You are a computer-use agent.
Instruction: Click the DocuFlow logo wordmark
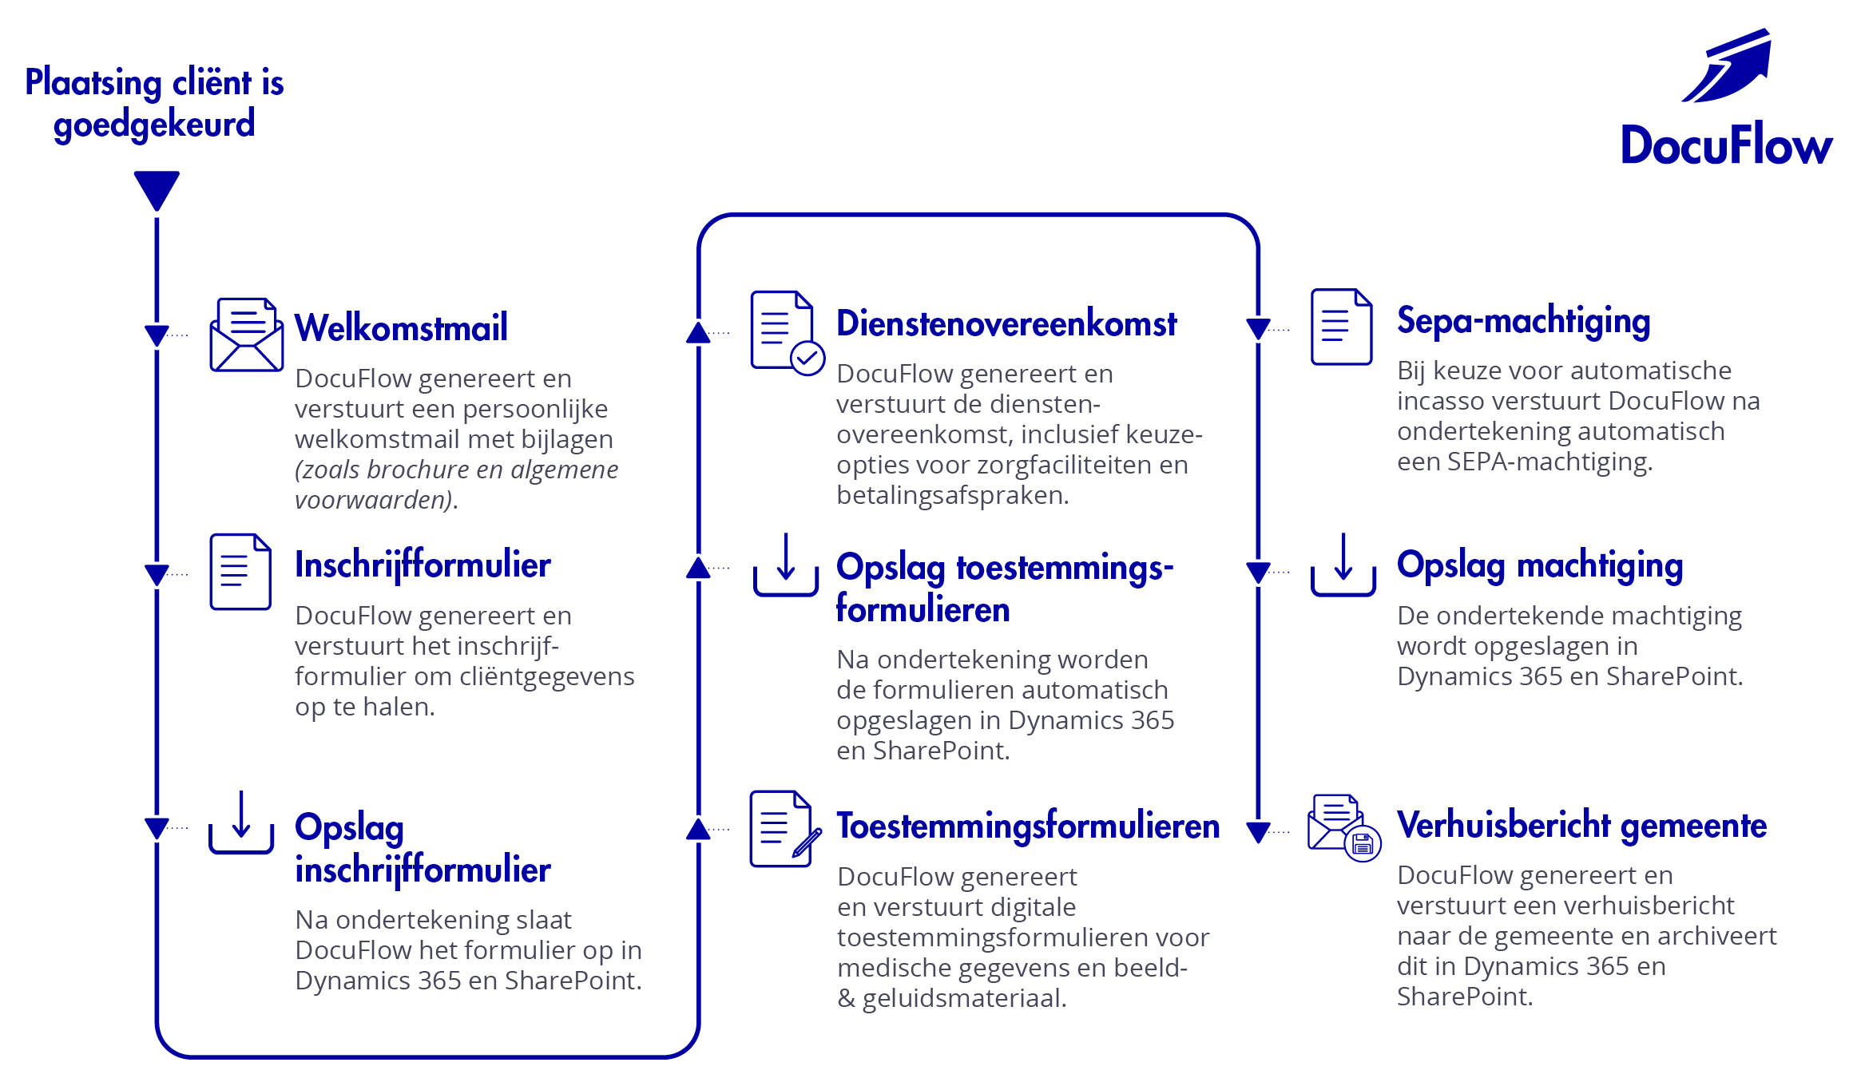point(1725,145)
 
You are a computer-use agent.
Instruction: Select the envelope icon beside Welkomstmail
point(246,335)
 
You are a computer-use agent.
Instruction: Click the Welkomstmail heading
point(401,327)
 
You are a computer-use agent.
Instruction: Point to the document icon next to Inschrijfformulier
point(240,572)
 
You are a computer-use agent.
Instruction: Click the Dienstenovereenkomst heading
point(1006,323)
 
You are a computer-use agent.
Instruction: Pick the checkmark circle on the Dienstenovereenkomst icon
point(807,359)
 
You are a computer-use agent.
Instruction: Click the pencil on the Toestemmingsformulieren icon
point(807,843)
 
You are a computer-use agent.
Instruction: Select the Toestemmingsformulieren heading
point(1028,826)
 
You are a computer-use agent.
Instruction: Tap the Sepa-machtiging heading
point(1523,321)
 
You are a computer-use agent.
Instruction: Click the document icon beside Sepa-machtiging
point(1342,327)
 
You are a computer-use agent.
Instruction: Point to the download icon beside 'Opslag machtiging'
point(1343,565)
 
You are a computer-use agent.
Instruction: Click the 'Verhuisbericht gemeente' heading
point(1581,825)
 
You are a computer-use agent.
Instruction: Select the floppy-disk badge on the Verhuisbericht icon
point(1363,843)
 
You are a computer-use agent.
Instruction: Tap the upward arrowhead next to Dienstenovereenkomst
point(698,333)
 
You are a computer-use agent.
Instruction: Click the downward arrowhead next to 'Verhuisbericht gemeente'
point(1258,832)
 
